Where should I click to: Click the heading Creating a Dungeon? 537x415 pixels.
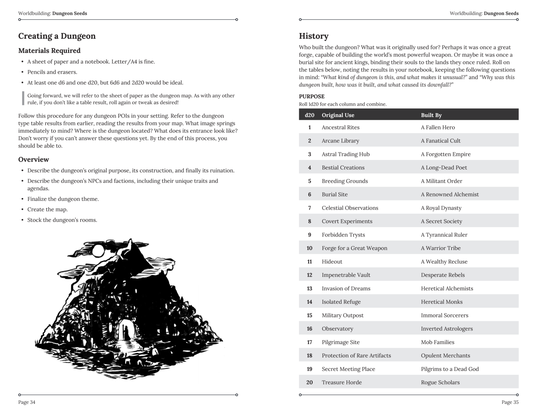57,36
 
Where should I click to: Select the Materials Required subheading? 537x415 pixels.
49,51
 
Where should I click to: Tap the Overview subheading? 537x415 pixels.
34,159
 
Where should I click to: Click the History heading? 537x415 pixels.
313,36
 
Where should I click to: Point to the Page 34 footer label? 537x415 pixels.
27,402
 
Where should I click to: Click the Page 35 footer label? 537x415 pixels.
510,402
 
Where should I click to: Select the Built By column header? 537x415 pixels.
431,115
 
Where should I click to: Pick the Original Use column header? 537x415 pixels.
338,115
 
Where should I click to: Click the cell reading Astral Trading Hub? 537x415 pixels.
345,154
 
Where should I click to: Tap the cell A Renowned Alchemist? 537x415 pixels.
449,195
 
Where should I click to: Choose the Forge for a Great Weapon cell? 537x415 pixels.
354,248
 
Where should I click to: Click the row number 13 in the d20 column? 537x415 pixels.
309,289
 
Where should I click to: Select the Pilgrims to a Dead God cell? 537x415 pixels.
449,369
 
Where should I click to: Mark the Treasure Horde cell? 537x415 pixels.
341,382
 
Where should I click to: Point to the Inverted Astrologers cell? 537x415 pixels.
447,329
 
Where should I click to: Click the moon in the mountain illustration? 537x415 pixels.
98,251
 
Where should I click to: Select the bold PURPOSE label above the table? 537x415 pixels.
311,97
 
